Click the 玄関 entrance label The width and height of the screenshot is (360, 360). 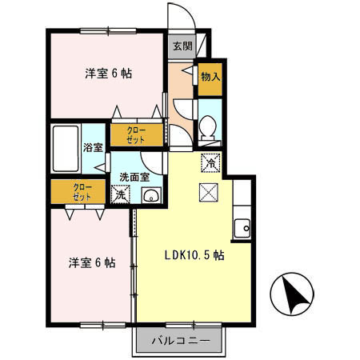pyautogui.click(x=182, y=46)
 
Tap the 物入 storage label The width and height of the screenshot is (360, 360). pyautogui.click(x=210, y=78)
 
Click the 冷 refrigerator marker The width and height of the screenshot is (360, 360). pyautogui.click(x=210, y=162)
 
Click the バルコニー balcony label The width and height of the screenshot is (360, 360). pyautogui.click(x=181, y=342)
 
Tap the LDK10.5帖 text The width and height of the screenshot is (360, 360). pyautogui.click(x=193, y=258)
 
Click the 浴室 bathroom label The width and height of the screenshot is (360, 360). pyautogui.click(x=93, y=147)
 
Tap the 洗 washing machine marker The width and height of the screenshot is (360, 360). pyautogui.click(x=121, y=194)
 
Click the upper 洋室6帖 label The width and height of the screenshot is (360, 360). pyautogui.click(x=109, y=74)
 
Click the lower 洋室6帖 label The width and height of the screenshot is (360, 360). pyautogui.click(x=90, y=262)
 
